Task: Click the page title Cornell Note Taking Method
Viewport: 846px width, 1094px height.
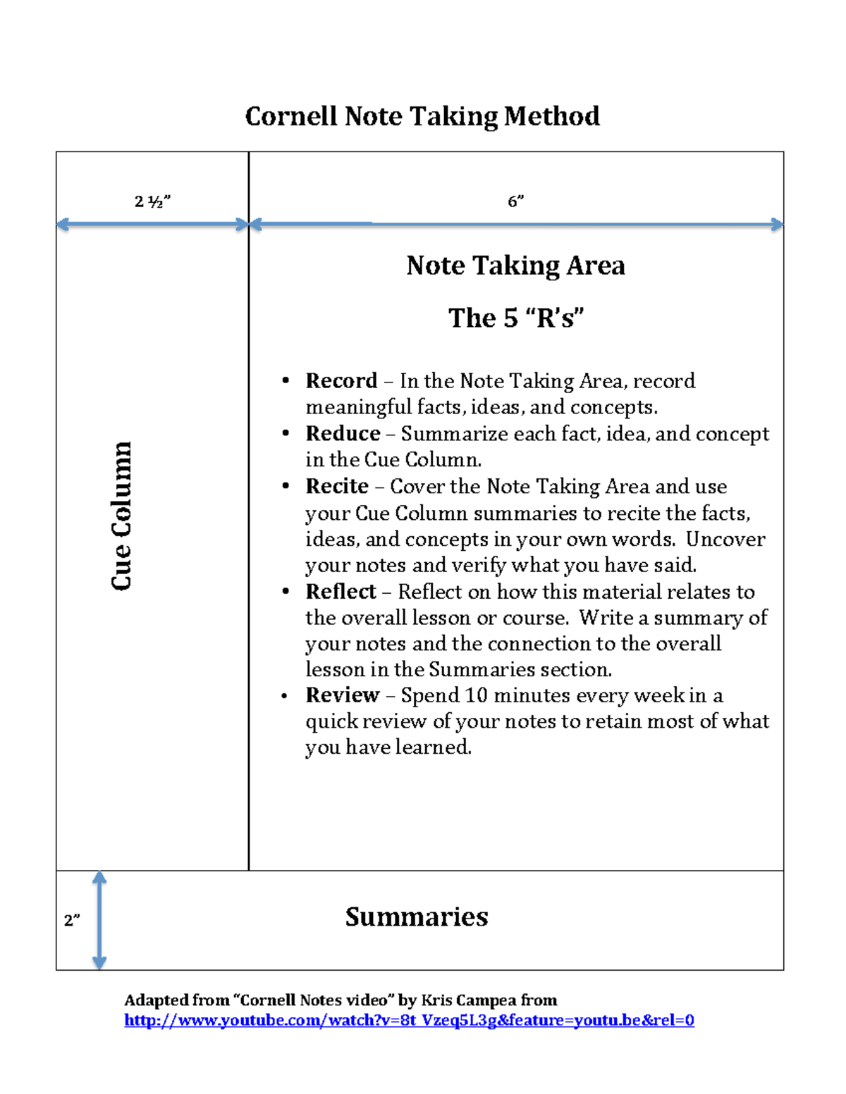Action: click(x=422, y=116)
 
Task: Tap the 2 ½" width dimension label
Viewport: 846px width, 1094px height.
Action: click(x=152, y=201)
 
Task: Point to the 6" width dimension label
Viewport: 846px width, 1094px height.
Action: click(x=515, y=201)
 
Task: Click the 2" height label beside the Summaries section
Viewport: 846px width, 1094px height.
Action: click(x=72, y=920)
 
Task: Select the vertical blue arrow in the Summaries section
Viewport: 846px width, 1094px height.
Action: click(x=99, y=920)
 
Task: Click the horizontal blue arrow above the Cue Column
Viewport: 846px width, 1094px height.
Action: click(x=152, y=225)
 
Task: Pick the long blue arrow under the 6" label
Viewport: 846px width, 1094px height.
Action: click(x=516, y=225)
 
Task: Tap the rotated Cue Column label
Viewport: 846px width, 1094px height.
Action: click(x=121, y=516)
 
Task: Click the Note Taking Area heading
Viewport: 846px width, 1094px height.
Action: click(x=515, y=266)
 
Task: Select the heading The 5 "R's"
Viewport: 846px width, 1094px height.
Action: click(x=516, y=318)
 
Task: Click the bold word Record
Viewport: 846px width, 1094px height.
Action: click(x=341, y=381)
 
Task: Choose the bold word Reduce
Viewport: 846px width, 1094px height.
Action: click(x=343, y=433)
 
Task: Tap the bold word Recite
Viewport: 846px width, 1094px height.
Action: click(x=337, y=486)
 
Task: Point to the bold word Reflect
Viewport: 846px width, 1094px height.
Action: click(x=341, y=591)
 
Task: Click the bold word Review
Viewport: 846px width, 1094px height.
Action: click(x=343, y=695)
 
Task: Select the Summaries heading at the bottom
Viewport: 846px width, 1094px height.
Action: click(x=416, y=916)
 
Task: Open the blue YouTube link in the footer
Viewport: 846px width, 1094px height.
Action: click(x=409, y=1020)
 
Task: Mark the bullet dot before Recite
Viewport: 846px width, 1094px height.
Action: click(x=286, y=486)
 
